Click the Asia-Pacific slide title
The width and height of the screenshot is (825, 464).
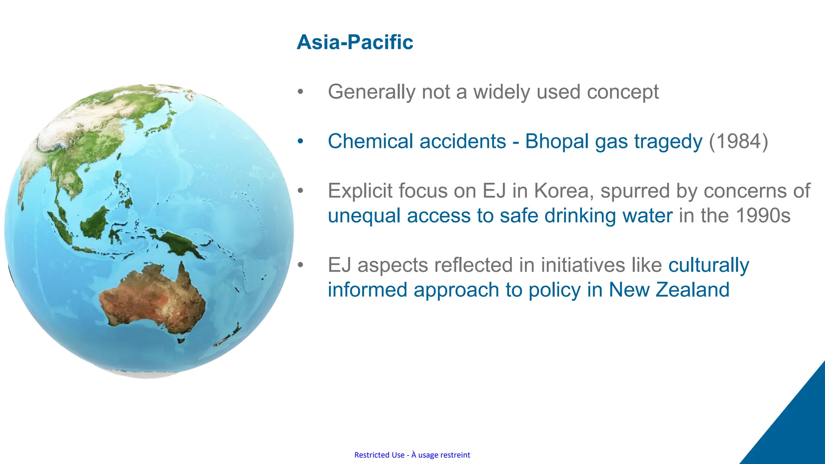coord(354,42)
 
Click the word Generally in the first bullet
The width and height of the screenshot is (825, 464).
coord(371,92)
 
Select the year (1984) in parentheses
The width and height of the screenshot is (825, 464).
coord(738,142)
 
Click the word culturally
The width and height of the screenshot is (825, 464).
coord(709,265)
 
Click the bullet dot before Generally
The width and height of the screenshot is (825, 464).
coord(300,92)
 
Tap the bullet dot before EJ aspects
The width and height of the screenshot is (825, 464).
coord(300,265)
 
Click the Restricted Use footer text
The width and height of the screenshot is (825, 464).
coord(412,455)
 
